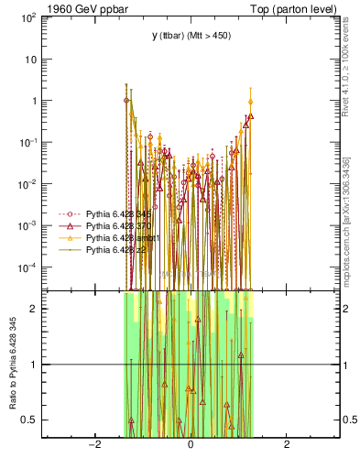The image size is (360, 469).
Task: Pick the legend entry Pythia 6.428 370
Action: (x=105, y=225)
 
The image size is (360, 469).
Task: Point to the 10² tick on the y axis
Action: (x=31, y=17)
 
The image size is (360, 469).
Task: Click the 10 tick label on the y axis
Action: (x=33, y=60)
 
